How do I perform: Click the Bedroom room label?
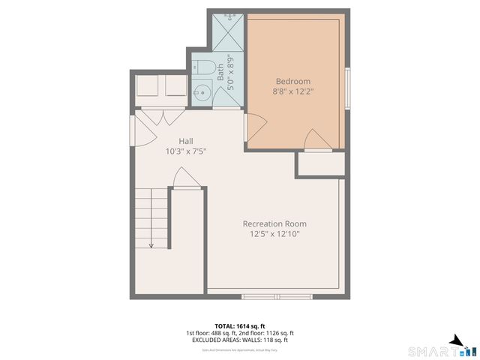[292, 81]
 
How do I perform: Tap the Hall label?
[186, 141]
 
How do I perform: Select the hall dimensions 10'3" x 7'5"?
[186, 151]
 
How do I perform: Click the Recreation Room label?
[274, 223]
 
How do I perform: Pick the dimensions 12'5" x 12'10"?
[274, 234]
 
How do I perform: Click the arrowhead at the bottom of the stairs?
[151, 244]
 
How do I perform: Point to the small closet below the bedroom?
[320, 164]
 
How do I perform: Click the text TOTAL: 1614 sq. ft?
[240, 325]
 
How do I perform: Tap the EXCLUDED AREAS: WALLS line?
[240, 340]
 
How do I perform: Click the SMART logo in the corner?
[442, 349]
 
